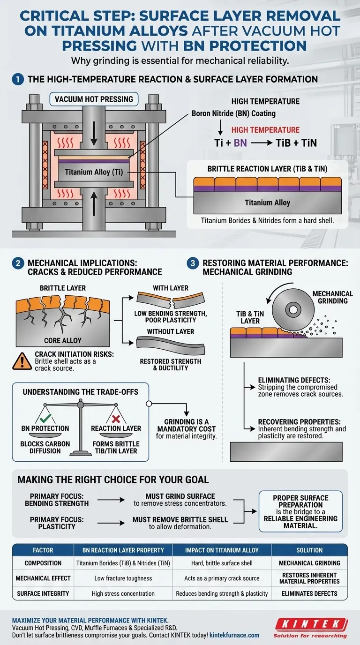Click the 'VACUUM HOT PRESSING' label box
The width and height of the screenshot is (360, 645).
pos(94,99)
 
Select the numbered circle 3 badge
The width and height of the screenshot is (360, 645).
pos(193,263)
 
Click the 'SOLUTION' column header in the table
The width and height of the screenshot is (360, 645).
pos(309,550)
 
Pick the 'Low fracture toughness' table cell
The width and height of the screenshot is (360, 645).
pos(123,578)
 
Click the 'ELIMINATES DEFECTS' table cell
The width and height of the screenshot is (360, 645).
pos(309,593)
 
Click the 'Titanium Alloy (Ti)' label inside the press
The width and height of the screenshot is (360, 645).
pos(94,172)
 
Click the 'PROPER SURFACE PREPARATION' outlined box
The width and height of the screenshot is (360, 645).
pos(300,511)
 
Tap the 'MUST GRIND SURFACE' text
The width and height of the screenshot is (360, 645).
pos(173,495)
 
